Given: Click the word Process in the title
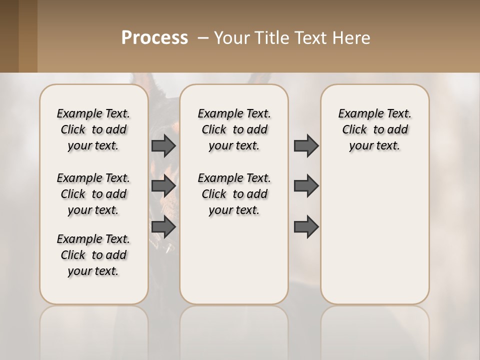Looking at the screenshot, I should click(154, 38).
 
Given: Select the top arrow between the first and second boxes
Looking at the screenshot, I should click(163, 146).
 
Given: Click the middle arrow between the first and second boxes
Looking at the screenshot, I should click(163, 186).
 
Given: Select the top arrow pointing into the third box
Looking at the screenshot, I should click(306, 146).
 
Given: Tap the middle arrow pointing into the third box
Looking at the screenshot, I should click(306, 186).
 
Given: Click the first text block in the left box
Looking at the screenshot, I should click(93, 129).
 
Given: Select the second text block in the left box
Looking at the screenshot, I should click(93, 194).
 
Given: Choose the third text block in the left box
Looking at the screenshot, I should click(93, 255).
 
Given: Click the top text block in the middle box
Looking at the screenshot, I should click(234, 129).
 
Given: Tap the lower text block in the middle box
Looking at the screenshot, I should click(234, 194).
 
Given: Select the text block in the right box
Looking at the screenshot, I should click(375, 129).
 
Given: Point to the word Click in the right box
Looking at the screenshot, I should click(354, 130).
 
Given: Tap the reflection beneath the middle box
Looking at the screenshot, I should click(234, 330).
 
